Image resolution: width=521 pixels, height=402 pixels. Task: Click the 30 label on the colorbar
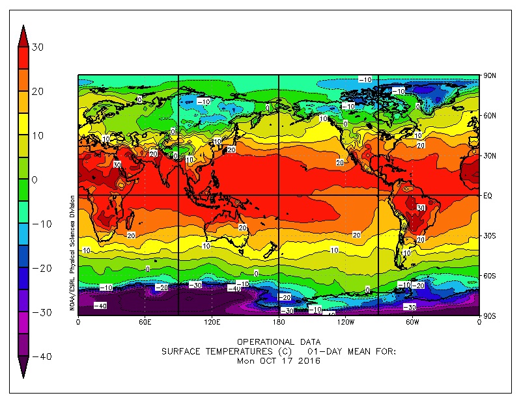pyautogui.click(x=37, y=47)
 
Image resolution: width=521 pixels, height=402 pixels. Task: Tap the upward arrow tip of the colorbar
pyautogui.click(x=23, y=27)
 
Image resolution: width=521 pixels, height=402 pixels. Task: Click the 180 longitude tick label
pyautogui.click(x=278, y=321)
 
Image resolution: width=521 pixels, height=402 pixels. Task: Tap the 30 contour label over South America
pyautogui.click(x=421, y=208)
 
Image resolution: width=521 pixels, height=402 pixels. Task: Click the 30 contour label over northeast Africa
pyautogui.click(x=117, y=165)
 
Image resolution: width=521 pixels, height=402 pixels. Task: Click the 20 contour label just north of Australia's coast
pyautogui.click(x=242, y=228)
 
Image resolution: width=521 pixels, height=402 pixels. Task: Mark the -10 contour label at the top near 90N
pyautogui.click(x=365, y=79)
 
